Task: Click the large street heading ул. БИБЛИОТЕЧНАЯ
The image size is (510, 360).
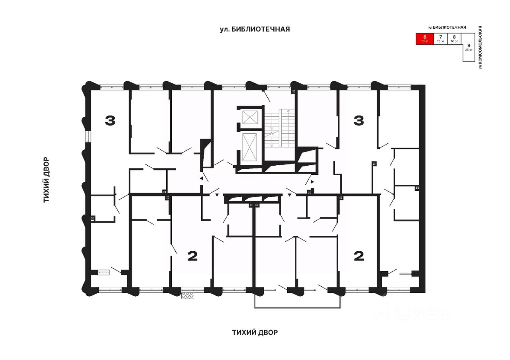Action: [x=255, y=29]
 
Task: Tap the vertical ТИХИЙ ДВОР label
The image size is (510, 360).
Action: [x=46, y=179]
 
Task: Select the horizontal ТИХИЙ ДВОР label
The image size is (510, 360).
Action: [x=255, y=332]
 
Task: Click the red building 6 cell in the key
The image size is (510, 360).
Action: [x=425, y=39]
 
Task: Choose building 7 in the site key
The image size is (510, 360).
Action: [x=440, y=39]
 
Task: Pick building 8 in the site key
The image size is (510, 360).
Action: [x=454, y=39]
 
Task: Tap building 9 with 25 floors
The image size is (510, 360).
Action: [x=468, y=47]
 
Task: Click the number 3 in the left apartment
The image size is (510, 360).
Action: [x=110, y=120]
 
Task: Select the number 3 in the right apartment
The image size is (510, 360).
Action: [x=359, y=120]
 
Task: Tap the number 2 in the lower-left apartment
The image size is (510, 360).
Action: [x=192, y=256]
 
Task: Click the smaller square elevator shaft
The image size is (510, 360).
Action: [x=251, y=118]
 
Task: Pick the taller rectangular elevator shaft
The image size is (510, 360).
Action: [x=251, y=147]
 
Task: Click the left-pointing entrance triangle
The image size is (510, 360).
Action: [x=202, y=179]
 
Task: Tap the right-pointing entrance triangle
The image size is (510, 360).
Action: [x=312, y=182]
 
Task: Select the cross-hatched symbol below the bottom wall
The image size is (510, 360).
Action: [x=187, y=295]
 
